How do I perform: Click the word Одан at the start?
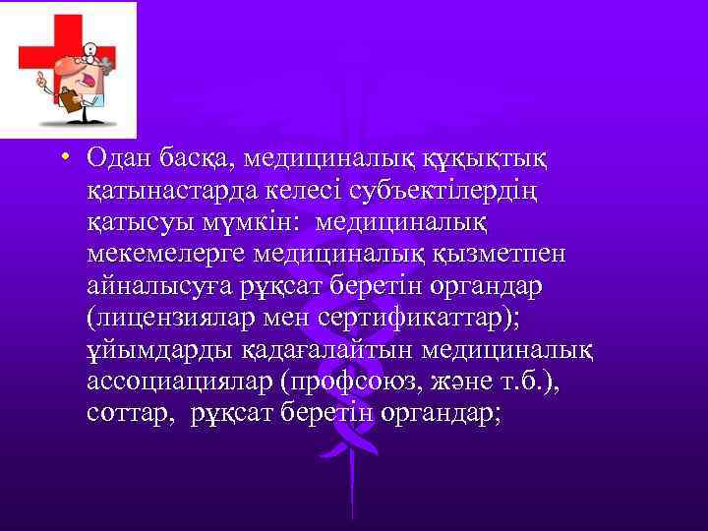(117, 158)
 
